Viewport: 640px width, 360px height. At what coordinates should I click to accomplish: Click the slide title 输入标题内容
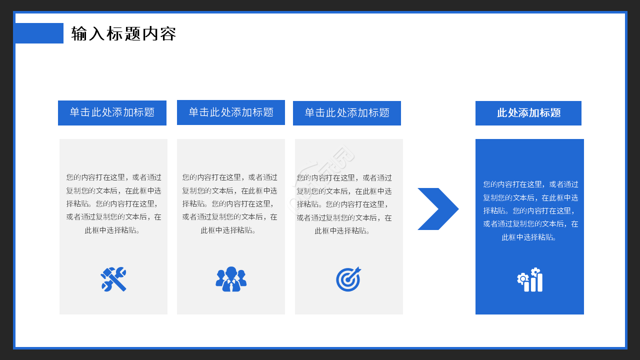point(123,33)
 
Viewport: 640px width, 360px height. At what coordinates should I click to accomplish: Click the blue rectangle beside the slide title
point(39,33)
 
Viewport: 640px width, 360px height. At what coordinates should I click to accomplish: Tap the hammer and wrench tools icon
point(113,279)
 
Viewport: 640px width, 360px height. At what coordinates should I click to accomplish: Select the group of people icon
point(231,279)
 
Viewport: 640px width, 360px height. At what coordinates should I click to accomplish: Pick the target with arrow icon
point(348,279)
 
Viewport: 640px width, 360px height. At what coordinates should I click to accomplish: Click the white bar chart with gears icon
point(529,279)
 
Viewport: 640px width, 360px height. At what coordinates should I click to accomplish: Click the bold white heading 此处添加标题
point(528,113)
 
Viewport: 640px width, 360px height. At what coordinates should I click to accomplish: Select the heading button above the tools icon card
point(112,113)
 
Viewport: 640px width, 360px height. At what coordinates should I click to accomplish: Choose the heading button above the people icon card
point(231,112)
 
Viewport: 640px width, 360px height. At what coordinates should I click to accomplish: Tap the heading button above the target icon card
point(347,113)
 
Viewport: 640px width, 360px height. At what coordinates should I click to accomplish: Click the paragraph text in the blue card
point(530,211)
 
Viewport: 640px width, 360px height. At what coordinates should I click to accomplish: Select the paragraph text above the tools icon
point(113,203)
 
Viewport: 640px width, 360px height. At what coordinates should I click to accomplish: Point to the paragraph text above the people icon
point(229,203)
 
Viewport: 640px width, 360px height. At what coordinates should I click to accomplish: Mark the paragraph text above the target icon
point(344,204)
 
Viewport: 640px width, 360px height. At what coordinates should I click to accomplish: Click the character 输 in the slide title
point(79,33)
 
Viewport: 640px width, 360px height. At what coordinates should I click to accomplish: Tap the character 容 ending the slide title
point(168,33)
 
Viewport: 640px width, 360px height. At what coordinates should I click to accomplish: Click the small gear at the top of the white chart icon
point(535,271)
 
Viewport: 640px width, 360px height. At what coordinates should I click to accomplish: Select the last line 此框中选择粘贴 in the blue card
point(529,237)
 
